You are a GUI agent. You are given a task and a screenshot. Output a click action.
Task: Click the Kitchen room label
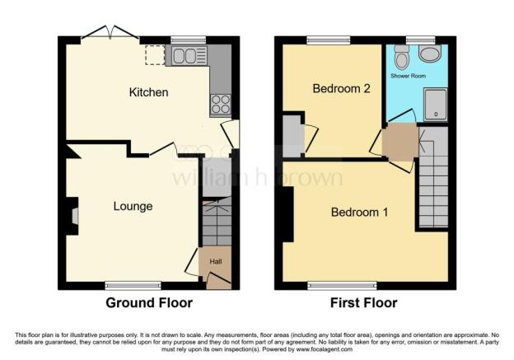148,92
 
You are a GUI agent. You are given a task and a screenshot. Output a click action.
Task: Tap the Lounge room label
133,206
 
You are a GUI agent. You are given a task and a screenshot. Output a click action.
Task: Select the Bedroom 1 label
359,213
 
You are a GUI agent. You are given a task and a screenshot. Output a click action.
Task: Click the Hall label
215,261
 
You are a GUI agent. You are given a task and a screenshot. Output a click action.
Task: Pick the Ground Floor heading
149,303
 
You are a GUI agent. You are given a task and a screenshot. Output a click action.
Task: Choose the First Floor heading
362,303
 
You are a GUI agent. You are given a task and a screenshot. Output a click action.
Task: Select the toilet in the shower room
401,58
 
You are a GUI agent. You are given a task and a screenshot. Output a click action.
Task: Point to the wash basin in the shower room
429,54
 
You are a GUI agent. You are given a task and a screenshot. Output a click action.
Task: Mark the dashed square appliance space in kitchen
154,54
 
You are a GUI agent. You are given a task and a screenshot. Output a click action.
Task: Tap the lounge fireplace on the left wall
74,216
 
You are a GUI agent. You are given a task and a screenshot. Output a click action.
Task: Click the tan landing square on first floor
400,142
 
